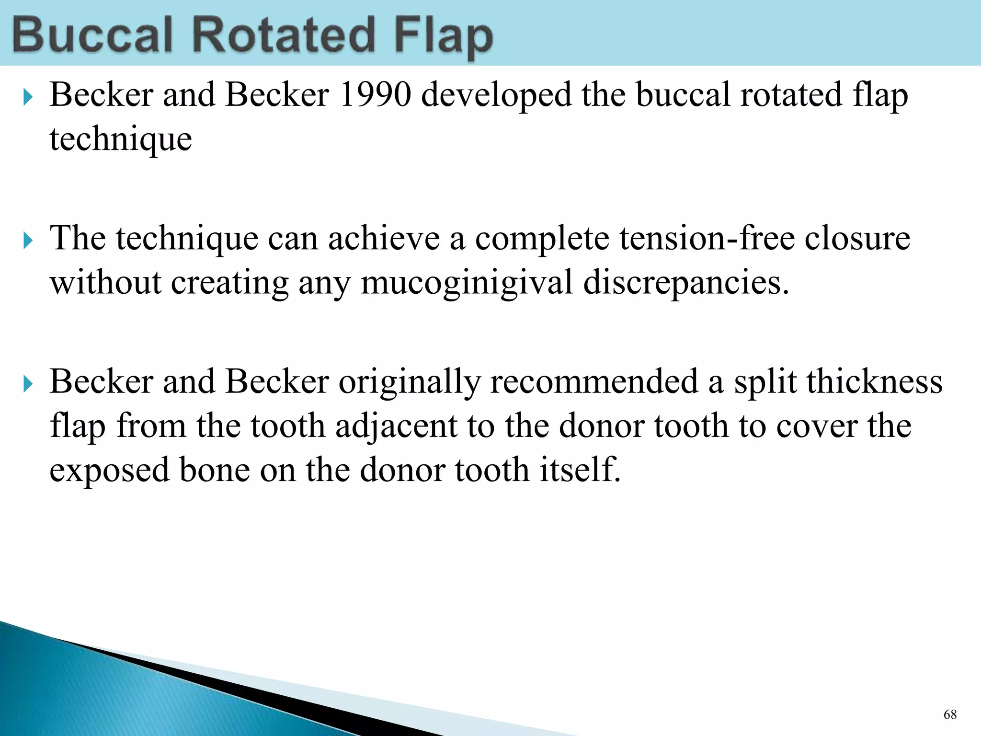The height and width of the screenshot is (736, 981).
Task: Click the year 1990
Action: click(375, 94)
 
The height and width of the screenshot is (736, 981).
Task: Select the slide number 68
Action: click(950, 715)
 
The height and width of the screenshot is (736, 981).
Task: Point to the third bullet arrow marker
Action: click(28, 384)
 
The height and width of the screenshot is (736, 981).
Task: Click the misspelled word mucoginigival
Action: click(467, 283)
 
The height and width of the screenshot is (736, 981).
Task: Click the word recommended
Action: click(594, 382)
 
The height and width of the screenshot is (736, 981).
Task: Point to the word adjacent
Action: click(396, 426)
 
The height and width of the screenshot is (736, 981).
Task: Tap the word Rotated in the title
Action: click(283, 34)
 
